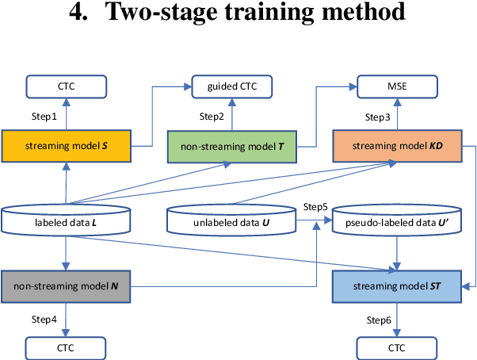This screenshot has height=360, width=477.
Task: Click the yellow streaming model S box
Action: pos(66,146)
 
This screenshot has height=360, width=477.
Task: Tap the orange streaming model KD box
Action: pos(398,146)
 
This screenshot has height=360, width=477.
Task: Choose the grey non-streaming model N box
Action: pos(66,285)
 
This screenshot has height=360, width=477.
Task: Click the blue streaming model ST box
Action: pos(398,285)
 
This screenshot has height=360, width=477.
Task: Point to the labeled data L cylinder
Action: pos(66,223)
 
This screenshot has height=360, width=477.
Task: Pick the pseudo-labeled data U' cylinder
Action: pos(398,223)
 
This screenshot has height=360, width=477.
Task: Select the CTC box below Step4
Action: pos(66,347)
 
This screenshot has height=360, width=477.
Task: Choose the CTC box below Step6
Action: pos(398,347)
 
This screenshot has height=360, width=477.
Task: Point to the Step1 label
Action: pos(44,117)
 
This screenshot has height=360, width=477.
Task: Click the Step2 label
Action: pos(212,117)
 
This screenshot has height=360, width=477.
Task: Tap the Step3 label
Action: pos(377,117)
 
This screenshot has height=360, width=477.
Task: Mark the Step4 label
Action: pos(44,319)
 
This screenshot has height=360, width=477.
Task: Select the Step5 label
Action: pos(316,206)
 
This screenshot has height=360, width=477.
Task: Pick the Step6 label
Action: pos(379,319)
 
